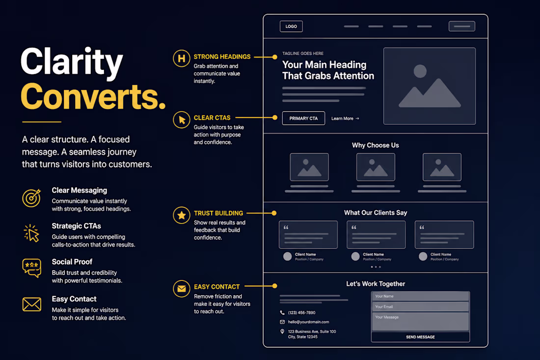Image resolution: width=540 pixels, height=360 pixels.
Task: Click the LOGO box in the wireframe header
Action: [x=291, y=27]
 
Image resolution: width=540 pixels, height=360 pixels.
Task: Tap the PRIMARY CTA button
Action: [x=303, y=118]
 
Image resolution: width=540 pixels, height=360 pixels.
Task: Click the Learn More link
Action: [x=345, y=118]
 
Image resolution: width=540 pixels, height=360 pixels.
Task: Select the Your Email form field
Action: [x=420, y=306]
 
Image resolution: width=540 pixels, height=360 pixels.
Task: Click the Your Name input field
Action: [x=420, y=296]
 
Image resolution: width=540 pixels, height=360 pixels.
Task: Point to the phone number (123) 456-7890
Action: [x=302, y=313]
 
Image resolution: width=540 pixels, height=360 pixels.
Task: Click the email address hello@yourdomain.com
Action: [x=309, y=322]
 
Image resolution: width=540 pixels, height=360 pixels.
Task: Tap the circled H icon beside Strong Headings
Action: [x=182, y=58]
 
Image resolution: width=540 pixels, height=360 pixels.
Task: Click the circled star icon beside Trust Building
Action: [x=182, y=215]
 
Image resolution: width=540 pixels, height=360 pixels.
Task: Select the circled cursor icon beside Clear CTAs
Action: [x=182, y=119]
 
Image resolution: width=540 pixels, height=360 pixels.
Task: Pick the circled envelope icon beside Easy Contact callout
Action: [x=182, y=289]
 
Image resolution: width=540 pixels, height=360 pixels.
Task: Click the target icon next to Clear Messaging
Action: [x=32, y=198]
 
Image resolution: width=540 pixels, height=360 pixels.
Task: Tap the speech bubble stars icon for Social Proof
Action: [x=32, y=268]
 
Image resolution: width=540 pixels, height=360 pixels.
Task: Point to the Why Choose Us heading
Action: [x=376, y=145]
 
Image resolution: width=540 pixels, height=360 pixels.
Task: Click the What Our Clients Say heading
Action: [x=376, y=213]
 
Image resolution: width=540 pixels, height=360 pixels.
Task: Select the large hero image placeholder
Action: [x=430, y=86]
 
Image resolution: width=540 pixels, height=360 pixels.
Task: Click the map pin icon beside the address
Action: [x=282, y=332]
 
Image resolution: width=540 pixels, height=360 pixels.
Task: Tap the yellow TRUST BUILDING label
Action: [x=218, y=213]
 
